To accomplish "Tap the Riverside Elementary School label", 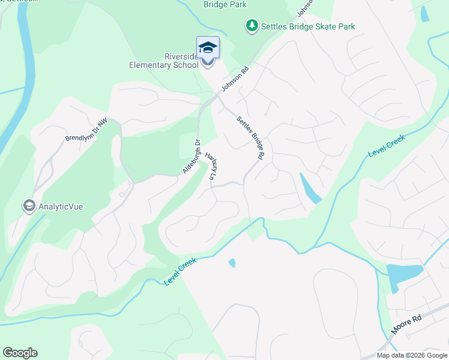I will tap(163, 61).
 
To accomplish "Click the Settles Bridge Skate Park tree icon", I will tap(252, 26).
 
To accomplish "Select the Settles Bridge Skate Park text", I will tap(308, 26).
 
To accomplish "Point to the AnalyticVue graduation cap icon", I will tap(28, 206).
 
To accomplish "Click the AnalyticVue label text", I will tap(61, 206).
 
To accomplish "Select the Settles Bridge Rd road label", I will tap(250, 137).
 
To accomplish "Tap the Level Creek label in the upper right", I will tap(387, 146).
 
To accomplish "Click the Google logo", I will tap(20, 353).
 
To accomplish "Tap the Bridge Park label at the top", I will tap(225, 5).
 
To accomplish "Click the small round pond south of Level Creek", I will tap(232, 263).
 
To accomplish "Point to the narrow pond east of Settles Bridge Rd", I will tap(310, 190).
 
